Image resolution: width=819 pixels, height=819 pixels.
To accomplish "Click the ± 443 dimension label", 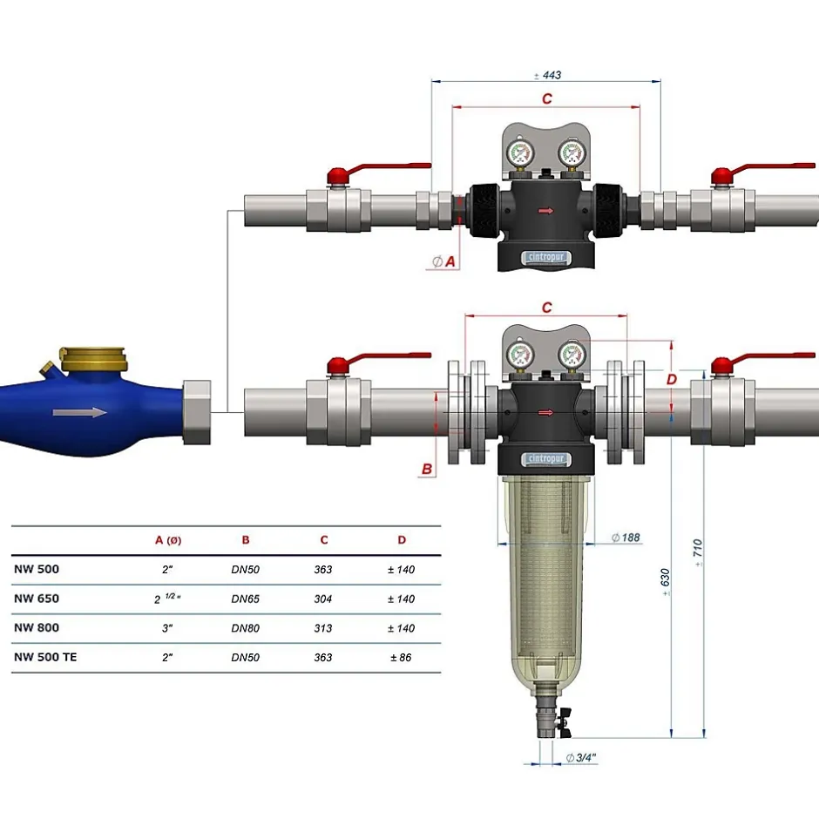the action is coord(547,75).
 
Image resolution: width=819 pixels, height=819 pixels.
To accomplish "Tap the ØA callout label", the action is coord(443,261).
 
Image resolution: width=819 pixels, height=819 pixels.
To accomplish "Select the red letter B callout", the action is coord(427,469).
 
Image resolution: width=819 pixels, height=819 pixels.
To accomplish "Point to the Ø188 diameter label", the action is coord(626,538).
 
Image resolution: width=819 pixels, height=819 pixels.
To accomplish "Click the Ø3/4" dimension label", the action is coord(581,757).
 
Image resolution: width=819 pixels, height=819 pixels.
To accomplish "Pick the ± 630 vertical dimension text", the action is coord(665,582).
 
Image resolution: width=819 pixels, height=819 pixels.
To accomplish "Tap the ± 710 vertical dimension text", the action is coord(698,552).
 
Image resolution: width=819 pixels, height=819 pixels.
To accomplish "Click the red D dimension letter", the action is coord(672,379).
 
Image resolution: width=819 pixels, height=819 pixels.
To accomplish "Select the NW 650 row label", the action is coord(37,599).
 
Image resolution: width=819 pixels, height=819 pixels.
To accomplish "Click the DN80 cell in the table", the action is coord(245,628).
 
